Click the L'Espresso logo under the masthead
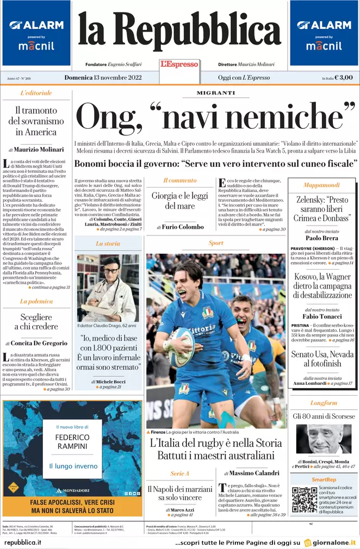[179, 64]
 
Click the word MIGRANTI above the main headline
[215, 93]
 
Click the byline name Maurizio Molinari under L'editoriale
[39, 149]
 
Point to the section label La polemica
[36, 301]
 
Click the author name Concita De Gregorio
[39, 344]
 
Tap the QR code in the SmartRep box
[304, 500]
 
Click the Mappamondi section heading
[321, 185]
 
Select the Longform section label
[324, 403]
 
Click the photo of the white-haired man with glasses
[323, 439]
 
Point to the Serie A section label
[180, 473]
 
